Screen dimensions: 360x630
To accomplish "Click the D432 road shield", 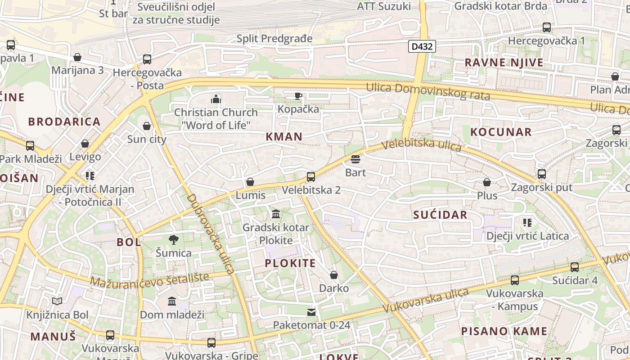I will pos(422,46).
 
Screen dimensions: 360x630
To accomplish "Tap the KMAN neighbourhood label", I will pos(284,137).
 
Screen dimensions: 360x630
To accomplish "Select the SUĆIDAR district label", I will pos(440,215).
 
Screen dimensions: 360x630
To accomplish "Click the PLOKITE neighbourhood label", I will pos(290,263).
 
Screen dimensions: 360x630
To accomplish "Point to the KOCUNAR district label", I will pos(501,132).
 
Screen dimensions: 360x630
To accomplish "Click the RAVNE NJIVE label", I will pos(504,63).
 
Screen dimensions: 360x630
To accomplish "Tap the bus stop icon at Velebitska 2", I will pos(311,177).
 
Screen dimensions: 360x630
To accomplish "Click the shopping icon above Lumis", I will pos(250,182).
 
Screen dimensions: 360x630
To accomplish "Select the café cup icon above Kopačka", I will pos(298,96).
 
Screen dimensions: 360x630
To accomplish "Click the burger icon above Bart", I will pos(355,159).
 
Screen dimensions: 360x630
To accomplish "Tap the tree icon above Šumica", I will pos(173,240).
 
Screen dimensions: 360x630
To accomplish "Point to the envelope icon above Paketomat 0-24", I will pos(311,312).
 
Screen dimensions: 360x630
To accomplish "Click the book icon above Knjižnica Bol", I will pos(57,301).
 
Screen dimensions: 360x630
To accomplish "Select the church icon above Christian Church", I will pos(216,99).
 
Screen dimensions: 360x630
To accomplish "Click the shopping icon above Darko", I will pos(334,275).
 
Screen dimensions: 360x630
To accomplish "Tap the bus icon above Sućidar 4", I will pos(575,267).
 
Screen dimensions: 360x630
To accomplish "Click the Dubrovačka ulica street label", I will pos(211,234).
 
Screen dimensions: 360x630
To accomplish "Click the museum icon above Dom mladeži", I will pos(172,301).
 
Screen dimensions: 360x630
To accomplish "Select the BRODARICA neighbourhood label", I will pos(64,122).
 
